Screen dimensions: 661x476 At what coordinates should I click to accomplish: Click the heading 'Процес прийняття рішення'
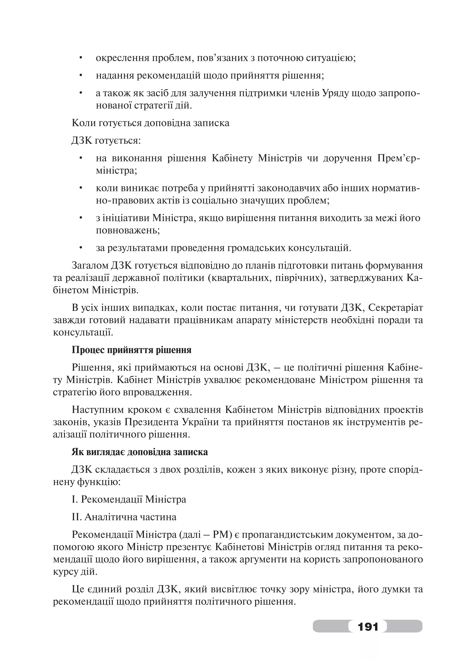(x=132, y=350)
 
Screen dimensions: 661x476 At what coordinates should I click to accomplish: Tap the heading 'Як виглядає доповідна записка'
(x=140, y=452)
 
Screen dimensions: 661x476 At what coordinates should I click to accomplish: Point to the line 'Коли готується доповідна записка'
(x=150, y=123)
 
